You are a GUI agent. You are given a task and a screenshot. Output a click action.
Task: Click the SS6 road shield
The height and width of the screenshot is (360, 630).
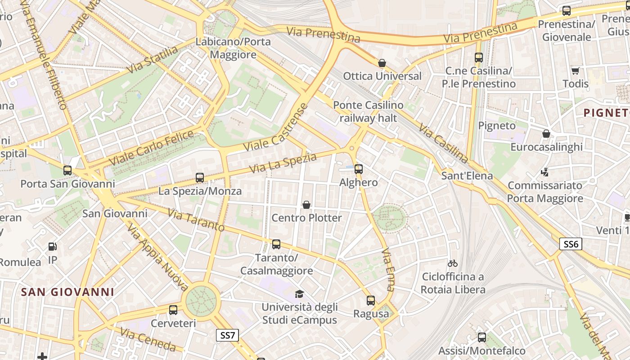(571, 244)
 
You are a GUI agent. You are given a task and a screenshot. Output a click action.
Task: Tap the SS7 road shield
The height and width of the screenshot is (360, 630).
(228, 335)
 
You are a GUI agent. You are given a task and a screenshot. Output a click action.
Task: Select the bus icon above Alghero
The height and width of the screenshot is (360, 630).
(358, 169)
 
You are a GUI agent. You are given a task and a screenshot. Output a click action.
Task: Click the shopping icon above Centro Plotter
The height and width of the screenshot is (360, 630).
(306, 205)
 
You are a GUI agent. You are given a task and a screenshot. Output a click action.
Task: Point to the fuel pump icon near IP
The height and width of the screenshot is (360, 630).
(53, 247)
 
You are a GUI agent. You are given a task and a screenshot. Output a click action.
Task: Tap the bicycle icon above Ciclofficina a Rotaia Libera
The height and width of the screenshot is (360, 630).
(453, 263)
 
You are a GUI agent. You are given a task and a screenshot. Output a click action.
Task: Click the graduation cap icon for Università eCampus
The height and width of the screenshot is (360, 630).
(299, 294)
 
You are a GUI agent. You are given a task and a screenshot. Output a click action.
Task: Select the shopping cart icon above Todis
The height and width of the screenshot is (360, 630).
(575, 71)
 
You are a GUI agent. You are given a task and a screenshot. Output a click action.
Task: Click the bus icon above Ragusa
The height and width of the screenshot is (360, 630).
(370, 301)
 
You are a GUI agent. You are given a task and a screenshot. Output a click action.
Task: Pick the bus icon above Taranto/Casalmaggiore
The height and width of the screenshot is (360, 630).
(276, 244)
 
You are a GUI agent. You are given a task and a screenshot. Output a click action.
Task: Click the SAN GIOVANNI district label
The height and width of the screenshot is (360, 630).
(68, 292)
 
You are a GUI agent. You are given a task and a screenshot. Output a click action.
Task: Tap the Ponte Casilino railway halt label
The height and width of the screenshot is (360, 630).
(368, 112)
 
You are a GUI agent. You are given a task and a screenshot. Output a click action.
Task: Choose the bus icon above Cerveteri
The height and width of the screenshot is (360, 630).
(173, 310)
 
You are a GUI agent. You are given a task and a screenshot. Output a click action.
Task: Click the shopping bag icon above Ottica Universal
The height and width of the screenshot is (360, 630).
(382, 63)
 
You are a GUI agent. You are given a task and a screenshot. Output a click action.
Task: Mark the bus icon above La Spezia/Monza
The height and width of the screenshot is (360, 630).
(200, 178)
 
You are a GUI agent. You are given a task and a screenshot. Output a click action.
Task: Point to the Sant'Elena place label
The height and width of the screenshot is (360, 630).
(467, 175)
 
